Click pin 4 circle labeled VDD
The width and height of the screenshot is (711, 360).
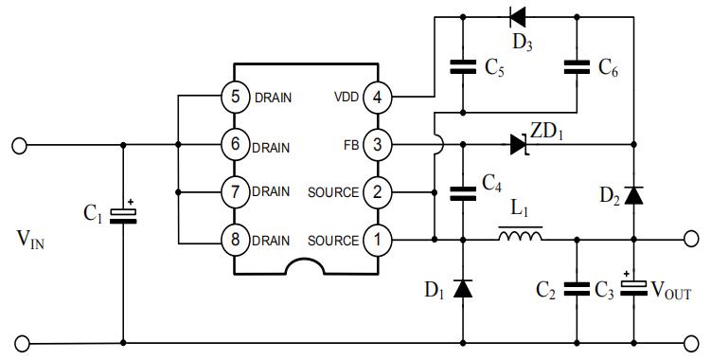tap(377, 97)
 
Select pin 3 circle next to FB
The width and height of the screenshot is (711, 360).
tap(377, 145)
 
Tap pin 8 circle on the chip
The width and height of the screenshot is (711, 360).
tap(235, 240)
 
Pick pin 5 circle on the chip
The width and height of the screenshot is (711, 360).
tap(235, 97)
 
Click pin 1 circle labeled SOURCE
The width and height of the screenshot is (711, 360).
tap(377, 240)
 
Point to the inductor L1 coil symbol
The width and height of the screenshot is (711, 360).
tap(520, 236)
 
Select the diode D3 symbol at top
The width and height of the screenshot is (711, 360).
tap(517, 17)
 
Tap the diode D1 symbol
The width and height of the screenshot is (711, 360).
tap(463, 289)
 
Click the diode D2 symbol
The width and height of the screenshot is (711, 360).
tap(633, 195)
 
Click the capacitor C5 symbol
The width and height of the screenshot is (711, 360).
tap(463, 66)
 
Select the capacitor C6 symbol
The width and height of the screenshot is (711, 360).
tap(577, 66)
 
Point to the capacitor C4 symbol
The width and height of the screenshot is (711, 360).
tap(463, 193)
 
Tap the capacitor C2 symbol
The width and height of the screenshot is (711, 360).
tap(577, 289)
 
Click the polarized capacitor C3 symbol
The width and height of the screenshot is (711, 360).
tap(633, 286)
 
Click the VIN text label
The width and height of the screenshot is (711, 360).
tap(30, 240)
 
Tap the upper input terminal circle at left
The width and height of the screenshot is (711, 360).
tap(19, 146)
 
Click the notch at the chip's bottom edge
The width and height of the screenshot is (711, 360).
tap(305, 261)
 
